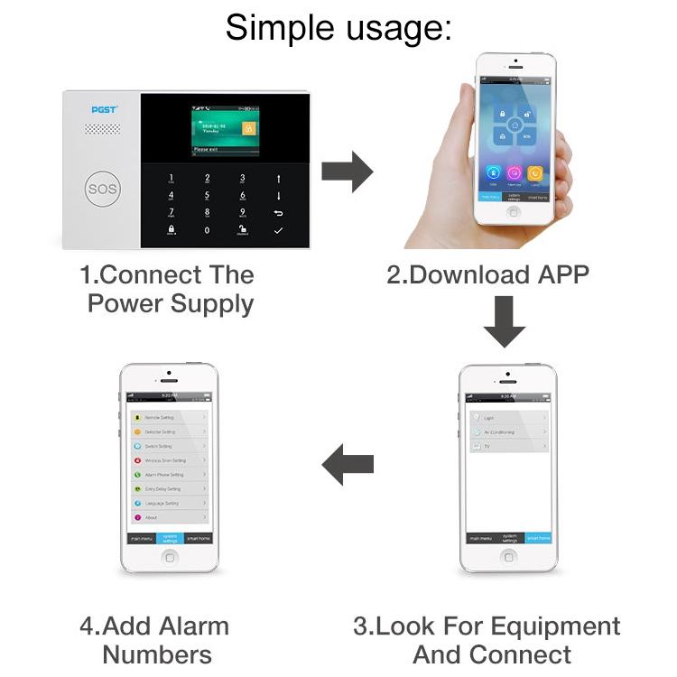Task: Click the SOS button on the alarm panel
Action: [x=102, y=190]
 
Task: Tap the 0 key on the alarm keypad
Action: [x=207, y=230]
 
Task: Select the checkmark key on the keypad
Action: [x=278, y=230]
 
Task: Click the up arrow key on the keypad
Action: [x=278, y=179]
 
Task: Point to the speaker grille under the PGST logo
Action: [x=103, y=129]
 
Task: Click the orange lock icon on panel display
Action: [x=250, y=128]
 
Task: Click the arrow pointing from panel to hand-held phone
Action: [x=348, y=171]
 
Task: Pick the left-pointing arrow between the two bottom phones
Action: [x=348, y=465]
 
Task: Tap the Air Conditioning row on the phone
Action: [x=505, y=431]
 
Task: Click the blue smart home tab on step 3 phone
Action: [x=538, y=538]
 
